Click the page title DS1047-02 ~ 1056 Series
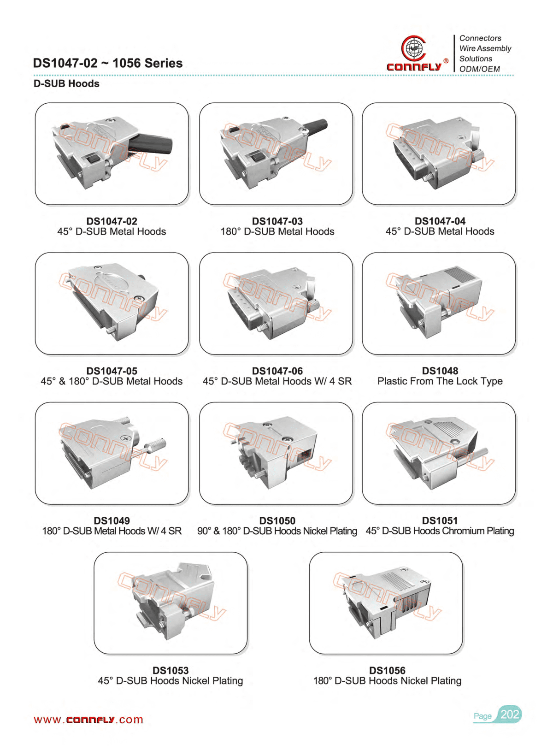point(108,63)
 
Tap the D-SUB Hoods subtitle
point(66,83)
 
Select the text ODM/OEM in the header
point(479,69)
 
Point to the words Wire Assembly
point(485,48)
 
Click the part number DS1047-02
point(112,221)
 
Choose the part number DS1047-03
point(277,221)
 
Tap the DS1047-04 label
point(440,221)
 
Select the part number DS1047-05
point(112,371)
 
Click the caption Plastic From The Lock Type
point(440,381)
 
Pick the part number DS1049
point(112,520)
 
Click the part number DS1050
point(277,520)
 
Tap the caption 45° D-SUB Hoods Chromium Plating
point(440,531)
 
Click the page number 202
point(510,715)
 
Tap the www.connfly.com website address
point(88,720)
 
